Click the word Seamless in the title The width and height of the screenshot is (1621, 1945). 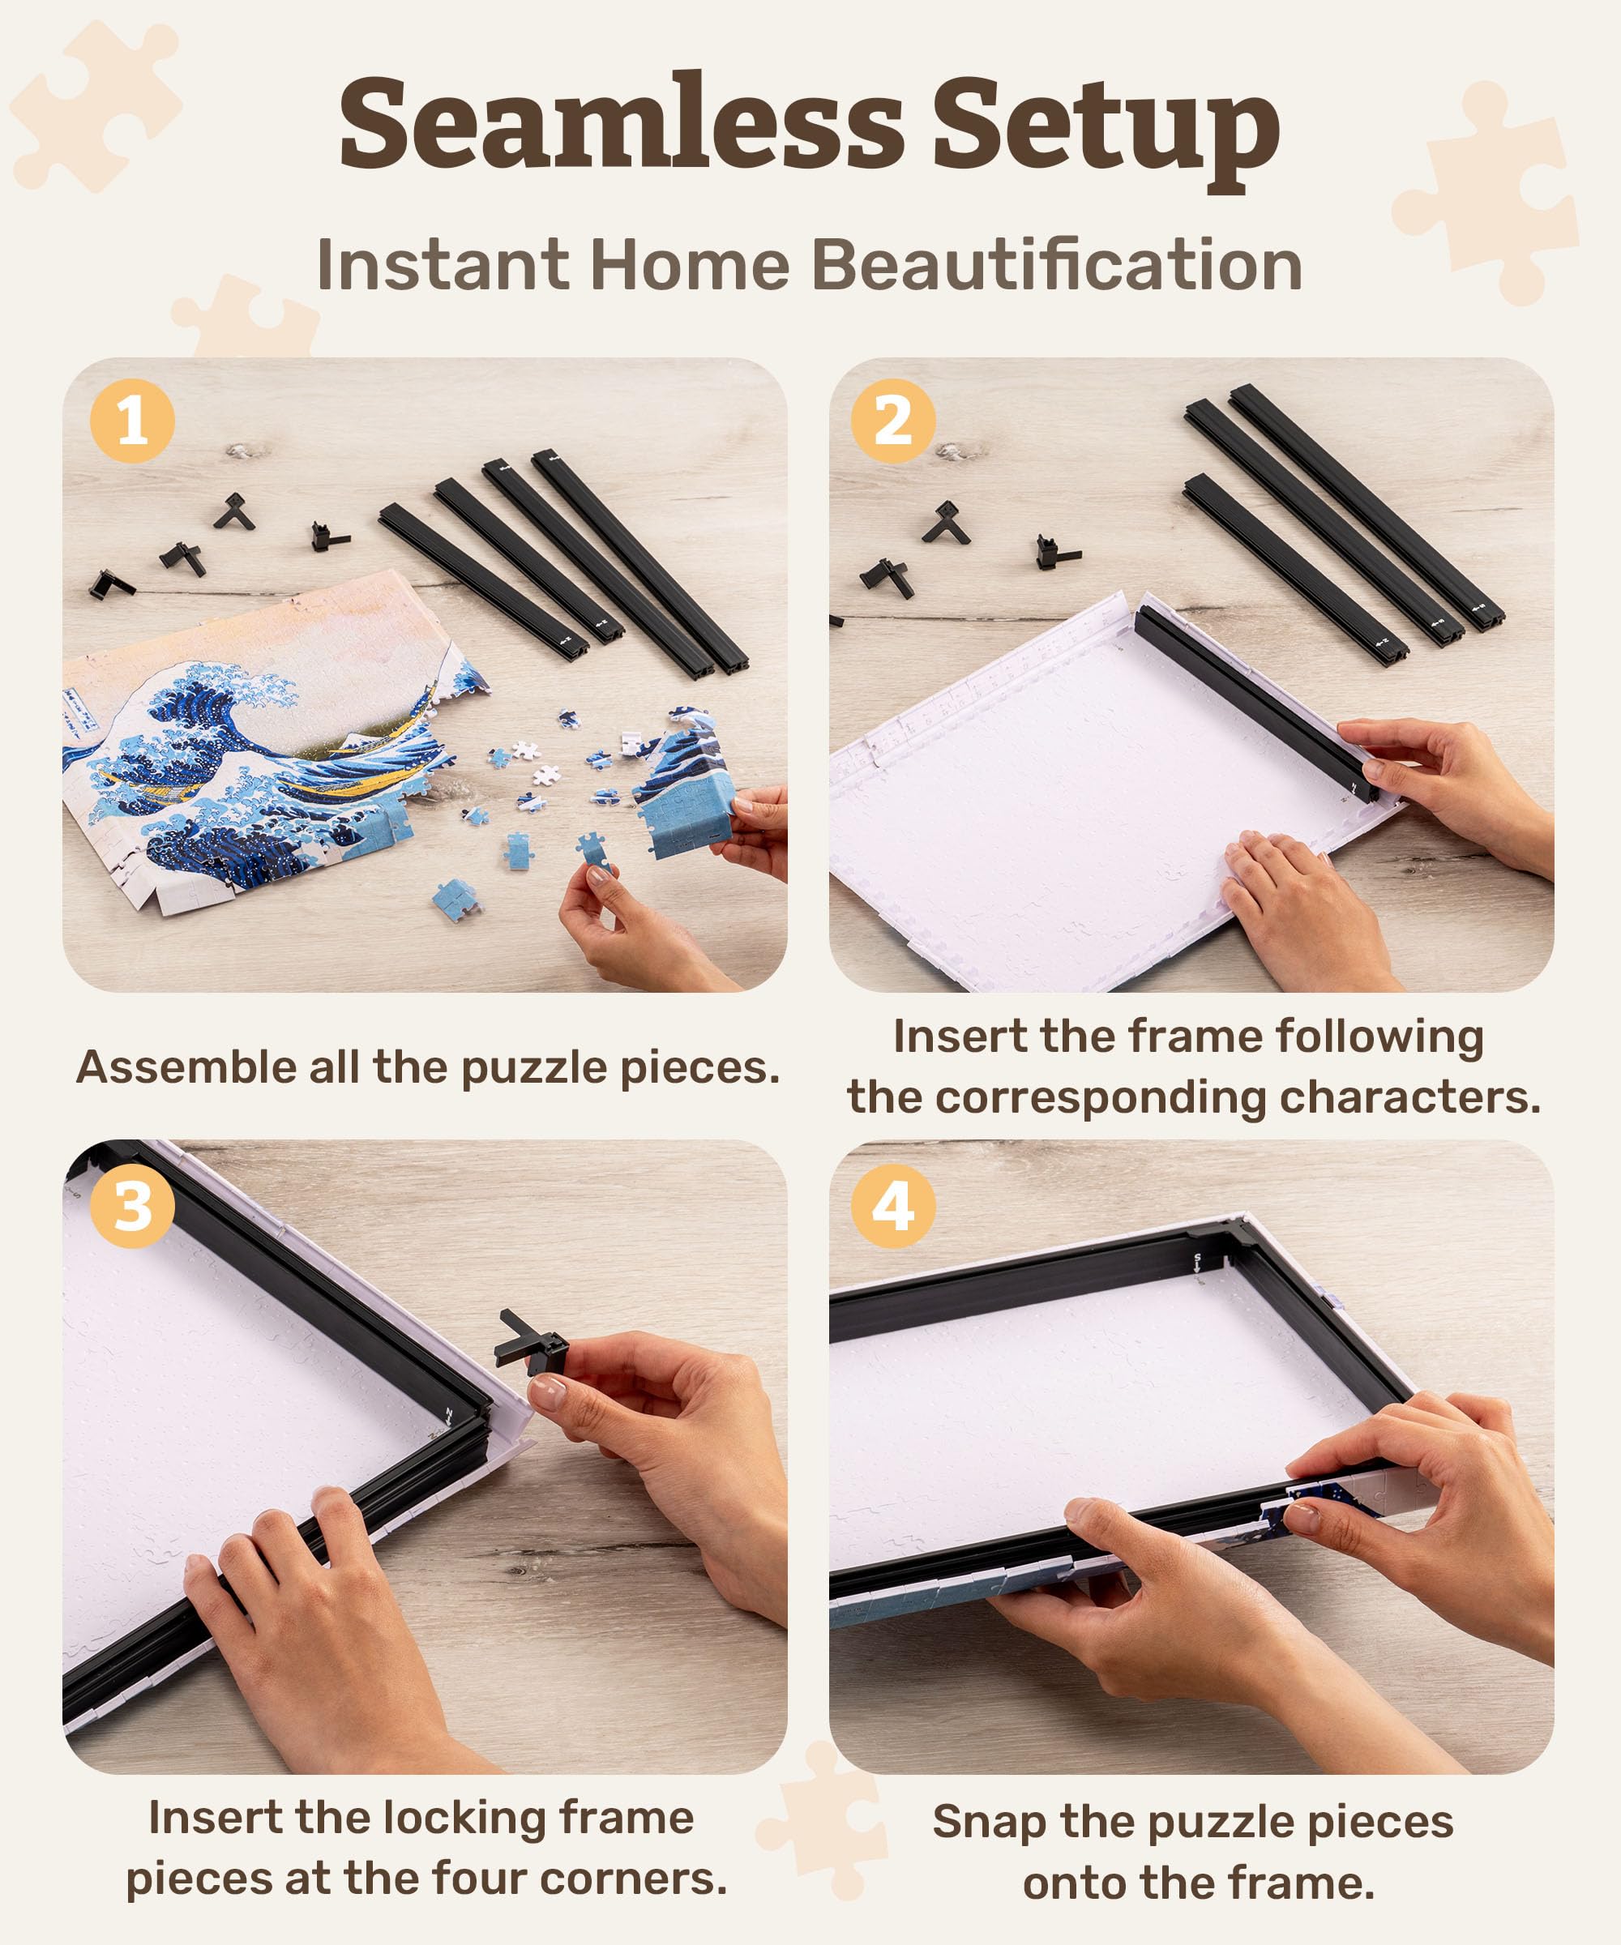pyautogui.click(x=621, y=125)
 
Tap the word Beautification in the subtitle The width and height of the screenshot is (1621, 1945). pyautogui.click(x=1057, y=266)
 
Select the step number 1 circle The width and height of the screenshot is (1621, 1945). pyautogui.click(x=132, y=421)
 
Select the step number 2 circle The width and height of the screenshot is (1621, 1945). pyautogui.click(x=893, y=421)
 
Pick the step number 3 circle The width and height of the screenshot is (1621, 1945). pyautogui.click(x=132, y=1206)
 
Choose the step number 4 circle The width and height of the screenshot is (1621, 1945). pyautogui.click(x=893, y=1206)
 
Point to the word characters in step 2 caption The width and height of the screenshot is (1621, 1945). pyautogui.click(x=1409, y=1097)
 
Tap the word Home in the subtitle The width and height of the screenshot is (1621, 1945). pyautogui.click(x=689, y=266)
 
